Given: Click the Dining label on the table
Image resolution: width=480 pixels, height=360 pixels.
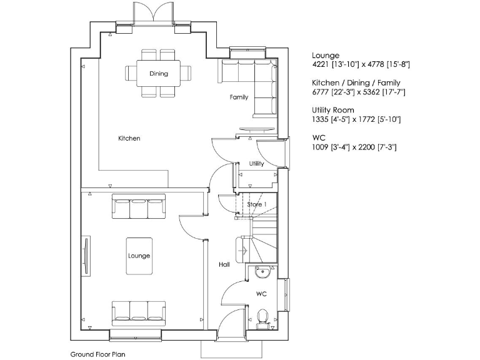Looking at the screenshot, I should [x=159, y=74].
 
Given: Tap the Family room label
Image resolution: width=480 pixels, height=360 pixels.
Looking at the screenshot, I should [x=239, y=97].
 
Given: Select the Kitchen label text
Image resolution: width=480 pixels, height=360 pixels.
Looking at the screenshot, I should [x=129, y=138].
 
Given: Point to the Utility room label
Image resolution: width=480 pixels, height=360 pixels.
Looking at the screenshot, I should [x=256, y=164].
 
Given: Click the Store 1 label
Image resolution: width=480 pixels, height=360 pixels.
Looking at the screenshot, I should [x=256, y=204].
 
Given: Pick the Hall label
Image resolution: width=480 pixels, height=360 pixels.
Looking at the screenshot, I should [x=224, y=264].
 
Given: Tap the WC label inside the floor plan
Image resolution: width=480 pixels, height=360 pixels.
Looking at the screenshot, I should [x=262, y=293].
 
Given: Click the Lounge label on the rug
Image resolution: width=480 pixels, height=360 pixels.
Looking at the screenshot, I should [x=139, y=256].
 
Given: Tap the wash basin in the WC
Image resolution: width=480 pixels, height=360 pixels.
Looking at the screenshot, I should [x=262, y=271].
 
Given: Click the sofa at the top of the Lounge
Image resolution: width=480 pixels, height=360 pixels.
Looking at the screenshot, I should [x=139, y=207].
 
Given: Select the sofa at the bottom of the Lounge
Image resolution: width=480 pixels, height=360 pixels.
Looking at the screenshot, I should [x=139, y=311].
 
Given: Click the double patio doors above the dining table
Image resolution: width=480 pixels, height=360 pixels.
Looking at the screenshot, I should [x=152, y=12].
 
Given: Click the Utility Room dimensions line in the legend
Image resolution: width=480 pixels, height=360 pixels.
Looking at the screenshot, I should [x=356, y=119].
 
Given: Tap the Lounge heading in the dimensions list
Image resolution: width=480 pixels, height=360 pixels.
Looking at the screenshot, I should [x=326, y=56].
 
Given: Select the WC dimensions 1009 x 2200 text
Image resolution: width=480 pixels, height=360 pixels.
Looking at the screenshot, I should [x=354, y=147].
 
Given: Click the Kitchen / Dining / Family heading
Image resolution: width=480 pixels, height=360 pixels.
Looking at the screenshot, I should [x=356, y=82].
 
